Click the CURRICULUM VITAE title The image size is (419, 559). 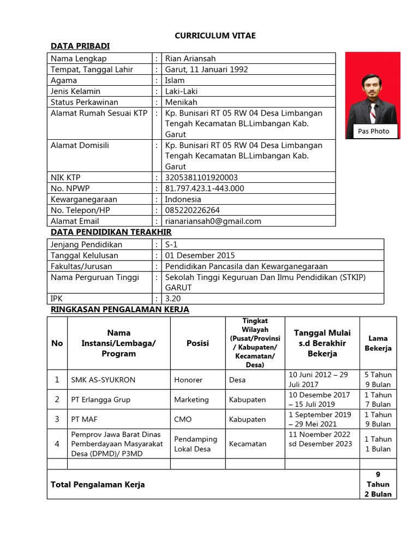tap(215, 35)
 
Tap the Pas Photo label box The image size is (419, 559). tap(374, 131)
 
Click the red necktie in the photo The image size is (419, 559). tap(373, 112)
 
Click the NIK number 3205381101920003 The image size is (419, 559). tap(201, 177)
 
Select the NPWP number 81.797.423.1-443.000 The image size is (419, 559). tap(205, 188)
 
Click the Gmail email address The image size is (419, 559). tap(213, 221)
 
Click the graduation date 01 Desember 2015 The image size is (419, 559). tap(200, 255)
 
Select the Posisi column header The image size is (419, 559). tap(197, 343)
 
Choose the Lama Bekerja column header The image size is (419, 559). tap(378, 343)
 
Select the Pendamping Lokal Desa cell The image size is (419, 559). tap(195, 444)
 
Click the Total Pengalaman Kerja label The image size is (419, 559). tap(98, 484)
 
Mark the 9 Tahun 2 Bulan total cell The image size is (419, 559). tap(378, 484)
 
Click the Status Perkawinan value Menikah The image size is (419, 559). tap(181, 102)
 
